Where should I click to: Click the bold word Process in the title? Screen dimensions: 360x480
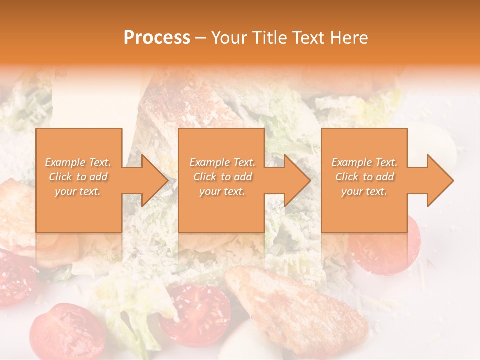[x=157, y=38]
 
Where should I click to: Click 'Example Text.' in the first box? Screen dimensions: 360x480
[x=78, y=162]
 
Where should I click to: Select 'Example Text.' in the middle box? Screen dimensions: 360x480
[x=222, y=162]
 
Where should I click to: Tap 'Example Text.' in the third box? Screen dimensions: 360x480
[x=364, y=162]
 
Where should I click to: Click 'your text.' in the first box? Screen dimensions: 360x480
[x=78, y=191]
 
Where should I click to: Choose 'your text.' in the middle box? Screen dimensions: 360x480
[x=222, y=191]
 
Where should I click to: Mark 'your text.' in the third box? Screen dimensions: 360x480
[x=364, y=191]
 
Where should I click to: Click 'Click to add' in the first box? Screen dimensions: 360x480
[x=78, y=177]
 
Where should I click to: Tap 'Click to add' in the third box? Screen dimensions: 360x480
[x=364, y=177]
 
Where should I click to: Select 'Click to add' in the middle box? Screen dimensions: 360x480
[x=222, y=177]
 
